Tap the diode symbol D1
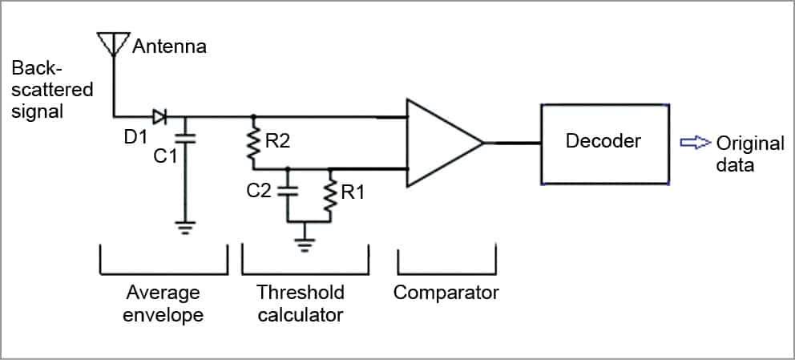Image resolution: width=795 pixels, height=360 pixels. click(160, 117)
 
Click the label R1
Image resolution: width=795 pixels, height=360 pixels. click(352, 193)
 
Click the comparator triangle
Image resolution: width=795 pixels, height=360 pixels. click(441, 144)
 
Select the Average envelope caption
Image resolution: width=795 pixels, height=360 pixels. click(163, 302)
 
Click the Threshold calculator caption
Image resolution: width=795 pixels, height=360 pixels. click(301, 302)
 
